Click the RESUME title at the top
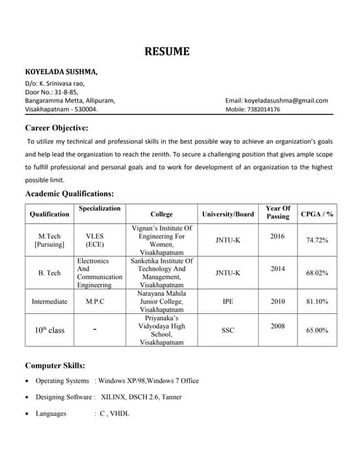click(x=167, y=52)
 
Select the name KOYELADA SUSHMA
click(x=61, y=73)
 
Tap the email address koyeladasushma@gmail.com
click(x=276, y=100)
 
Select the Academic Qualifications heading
click(x=69, y=194)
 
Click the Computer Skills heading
click(x=55, y=365)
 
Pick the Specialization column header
click(x=100, y=209)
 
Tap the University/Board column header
click(x=228, y=214)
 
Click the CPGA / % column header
click(x=317, y=214)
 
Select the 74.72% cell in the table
click(x=317, y=240)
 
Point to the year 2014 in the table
click(x=277, y=268)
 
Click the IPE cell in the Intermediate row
click(x=228, y=301)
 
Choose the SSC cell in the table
click(x=228, y=330)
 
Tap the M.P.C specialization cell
click(x=96, y=301)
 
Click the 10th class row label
click(x=49, y=330)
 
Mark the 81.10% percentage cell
click(x=317, y=301)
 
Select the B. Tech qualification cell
click(x=49, y=273)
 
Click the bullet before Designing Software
click(x=28, y=397)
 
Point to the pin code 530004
click(x=83, y=110)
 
